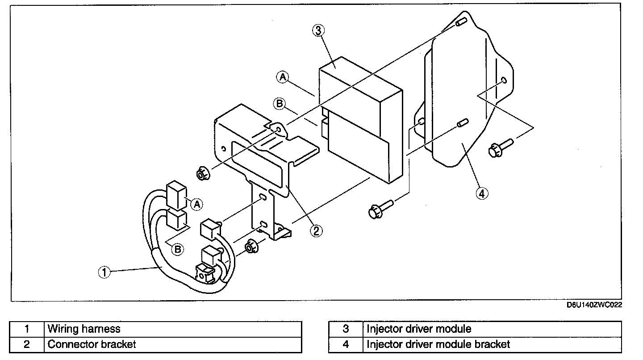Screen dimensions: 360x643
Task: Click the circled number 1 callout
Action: point(104,272)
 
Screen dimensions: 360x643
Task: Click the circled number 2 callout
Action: point(316,230)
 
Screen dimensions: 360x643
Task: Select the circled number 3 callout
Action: point(318,30)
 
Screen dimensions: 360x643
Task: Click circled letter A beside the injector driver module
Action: point(282,77)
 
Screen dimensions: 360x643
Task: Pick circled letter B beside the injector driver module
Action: point(279,104)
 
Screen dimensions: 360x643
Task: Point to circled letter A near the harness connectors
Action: point(196,204)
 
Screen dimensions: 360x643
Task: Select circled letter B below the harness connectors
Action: point(177,249)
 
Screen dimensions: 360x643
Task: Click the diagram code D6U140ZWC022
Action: point(594,305)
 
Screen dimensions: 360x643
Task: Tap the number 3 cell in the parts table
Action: point(346,329)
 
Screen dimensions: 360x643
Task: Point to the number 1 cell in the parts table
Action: point(27,329)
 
